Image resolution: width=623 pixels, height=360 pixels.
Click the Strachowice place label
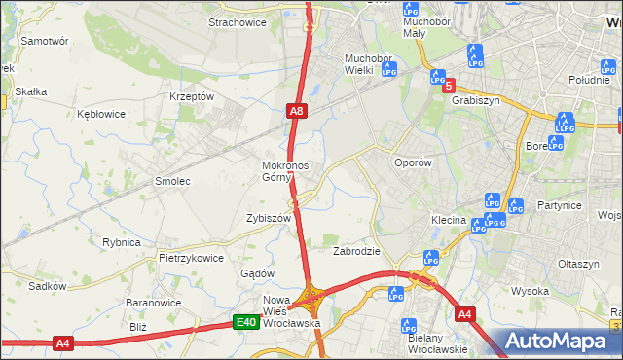pos(238,21)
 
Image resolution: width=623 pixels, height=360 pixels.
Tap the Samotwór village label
pos(44,42)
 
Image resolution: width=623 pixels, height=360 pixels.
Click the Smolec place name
pos(172,181)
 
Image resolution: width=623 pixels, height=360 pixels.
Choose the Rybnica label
pos(122,242)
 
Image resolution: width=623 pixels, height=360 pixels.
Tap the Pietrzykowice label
pos(192,258)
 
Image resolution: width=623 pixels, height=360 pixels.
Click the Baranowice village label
pos(149,303)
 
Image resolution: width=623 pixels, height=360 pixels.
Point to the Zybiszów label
pos(270,219)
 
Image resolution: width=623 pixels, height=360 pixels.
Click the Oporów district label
pos(411,163)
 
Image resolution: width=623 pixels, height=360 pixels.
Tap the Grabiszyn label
pos(476,99)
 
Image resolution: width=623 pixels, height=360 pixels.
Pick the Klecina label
pos(449,221)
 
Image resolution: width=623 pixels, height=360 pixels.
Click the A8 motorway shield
pos(297,113)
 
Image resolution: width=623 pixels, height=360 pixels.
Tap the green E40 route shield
pos(246,322)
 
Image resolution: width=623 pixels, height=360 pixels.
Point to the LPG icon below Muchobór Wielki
pos(389,70)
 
